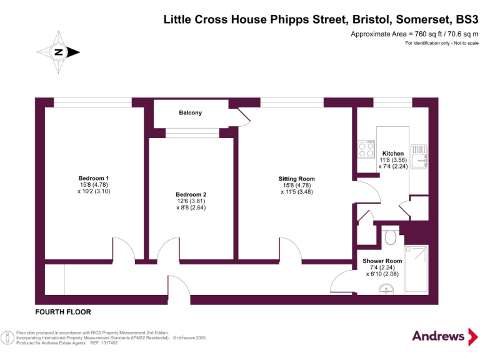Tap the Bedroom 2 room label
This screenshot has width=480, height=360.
tap(191, 194)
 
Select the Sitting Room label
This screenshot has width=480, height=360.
tap(296, 179)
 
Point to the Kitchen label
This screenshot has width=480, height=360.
tap(393, 153)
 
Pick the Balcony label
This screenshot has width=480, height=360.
tap(190, 113)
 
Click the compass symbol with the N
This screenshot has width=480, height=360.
tap(58, 52)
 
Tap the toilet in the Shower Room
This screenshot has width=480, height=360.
tap(391, 237)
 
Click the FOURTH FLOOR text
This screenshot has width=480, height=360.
tap(63, 311)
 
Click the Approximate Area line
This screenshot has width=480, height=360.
tap(414, 34)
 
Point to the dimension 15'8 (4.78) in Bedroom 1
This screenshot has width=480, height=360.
tap(89, 184)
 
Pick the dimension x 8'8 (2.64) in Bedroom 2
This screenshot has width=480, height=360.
tap(191, 208)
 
